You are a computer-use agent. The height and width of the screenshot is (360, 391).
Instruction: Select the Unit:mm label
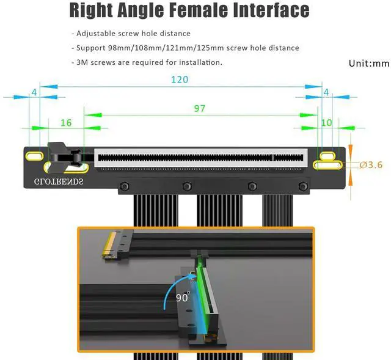pyautogui.click(x=368, y=63)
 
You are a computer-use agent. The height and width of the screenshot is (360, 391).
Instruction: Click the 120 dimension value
pyautogui.click(x=179, y=79)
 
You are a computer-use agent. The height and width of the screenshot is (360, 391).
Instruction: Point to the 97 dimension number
pyautogui.click(x=199, y=108)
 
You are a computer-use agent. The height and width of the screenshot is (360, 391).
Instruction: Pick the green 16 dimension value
pyautogui.click(x=66, y=123)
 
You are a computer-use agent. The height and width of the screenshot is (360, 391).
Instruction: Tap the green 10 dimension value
pyautogui.click(x=326, y=123)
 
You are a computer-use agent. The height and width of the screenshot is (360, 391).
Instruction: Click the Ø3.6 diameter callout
pyautogui.click(x=371, y=165)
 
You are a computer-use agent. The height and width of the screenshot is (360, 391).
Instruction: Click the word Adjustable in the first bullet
pyautogui.click(x=101, y=34)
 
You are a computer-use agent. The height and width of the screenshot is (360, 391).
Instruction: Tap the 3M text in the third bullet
pyautogui.click(x=82, y=62)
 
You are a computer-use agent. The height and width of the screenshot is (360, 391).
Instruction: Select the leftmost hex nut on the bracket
pyautogui.click(x=125, y=186)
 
